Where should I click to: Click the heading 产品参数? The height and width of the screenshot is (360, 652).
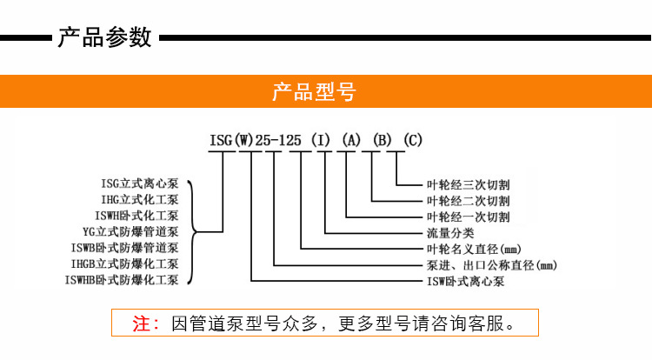click(x=105, y=37)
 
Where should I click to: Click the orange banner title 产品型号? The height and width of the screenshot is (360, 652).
click(x=315, y=91)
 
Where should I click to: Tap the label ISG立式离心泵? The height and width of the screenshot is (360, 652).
click(x=140, y=183)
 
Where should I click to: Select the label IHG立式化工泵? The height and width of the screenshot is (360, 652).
click(x=140, y=199)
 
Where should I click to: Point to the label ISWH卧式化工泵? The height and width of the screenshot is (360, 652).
click(x=136, y=216)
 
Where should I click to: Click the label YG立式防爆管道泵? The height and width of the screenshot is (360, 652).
click(x=130, y=231)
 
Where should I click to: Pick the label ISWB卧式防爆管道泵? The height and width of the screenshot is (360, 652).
click(x=124, y=248)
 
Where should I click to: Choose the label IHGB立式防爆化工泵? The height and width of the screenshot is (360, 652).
click(x=124, y=264)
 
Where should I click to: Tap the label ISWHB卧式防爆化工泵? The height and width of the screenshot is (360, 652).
click(x=122, y=280)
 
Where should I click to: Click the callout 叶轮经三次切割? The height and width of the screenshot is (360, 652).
click(x=469, y=184)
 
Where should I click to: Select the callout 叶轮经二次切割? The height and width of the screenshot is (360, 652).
click(x=469, y=201)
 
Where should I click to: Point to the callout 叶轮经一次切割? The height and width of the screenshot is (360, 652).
click(x=469, y=217)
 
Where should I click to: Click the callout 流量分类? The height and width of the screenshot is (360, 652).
click(x=450, y=233)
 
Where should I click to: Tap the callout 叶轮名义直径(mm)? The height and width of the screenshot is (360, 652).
click(x=474, y=250)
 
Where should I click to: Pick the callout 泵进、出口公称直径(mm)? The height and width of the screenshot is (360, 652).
click(x=492, y=265)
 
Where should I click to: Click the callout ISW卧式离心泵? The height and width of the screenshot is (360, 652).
click(x=466, y=282)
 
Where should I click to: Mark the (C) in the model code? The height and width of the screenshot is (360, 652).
click(x=413, y=140)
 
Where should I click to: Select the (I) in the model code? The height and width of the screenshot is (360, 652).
click(x=321, y=140)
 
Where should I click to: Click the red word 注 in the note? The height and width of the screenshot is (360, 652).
click(x=142, y=323)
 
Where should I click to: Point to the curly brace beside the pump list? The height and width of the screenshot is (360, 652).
click(x=192, y=232)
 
